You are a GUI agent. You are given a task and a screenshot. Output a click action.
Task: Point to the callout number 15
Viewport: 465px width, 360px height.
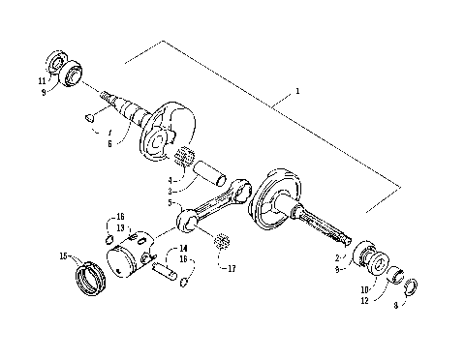click(x=63, y=255)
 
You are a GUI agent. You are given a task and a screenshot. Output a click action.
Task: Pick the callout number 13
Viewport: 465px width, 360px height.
click(x=121, y=228)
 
